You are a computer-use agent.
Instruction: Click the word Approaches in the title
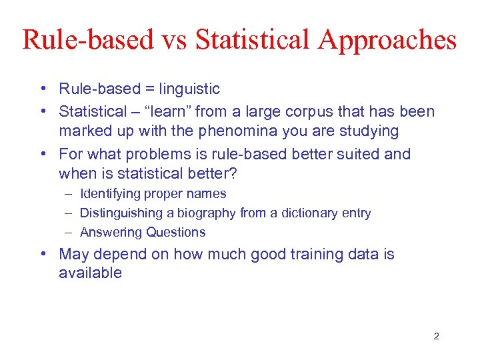tap(387, 40)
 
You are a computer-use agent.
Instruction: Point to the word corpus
tap(317, 111)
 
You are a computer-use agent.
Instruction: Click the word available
tap(90, 273)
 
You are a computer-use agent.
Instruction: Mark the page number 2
tap(436, 336)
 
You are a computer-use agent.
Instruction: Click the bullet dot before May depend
tap(42, 254)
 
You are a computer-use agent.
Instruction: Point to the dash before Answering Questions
tap(69, 233)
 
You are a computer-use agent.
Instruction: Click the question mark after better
tap(243, 173)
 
